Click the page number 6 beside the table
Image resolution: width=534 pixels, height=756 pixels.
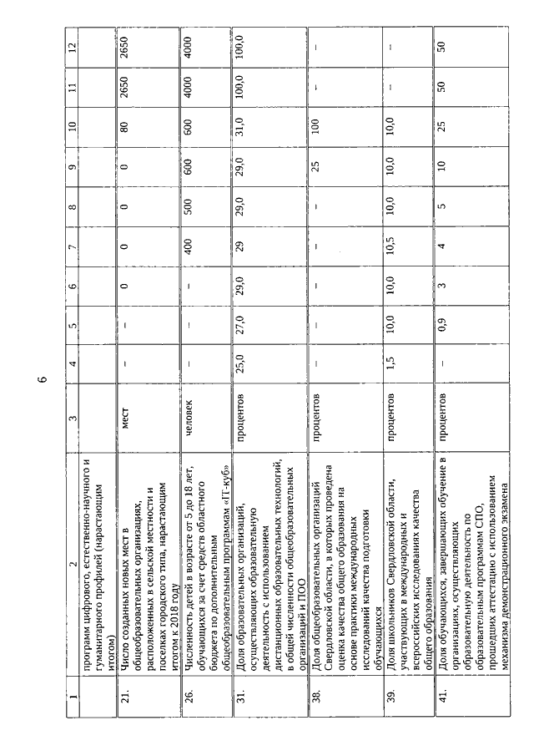click(41, 378)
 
